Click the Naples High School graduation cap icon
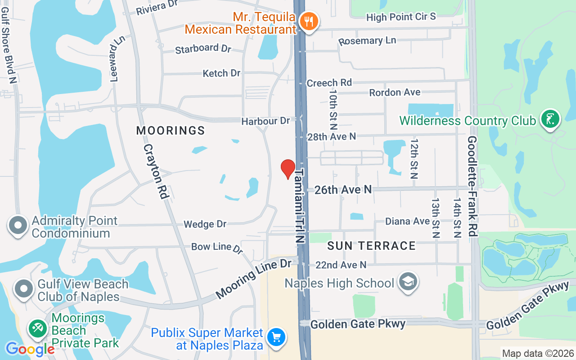point(408,282)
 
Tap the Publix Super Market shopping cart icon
point(275,338)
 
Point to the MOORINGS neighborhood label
point(171,130)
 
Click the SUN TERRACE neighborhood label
point(371,246)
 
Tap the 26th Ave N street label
point(343,190)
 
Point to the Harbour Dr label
point(265,121)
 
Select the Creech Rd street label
point(329,83)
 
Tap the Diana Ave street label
point(407,221)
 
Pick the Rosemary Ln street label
point(367,41)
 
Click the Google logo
point(30,349)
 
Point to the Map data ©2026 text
point(538,353)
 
